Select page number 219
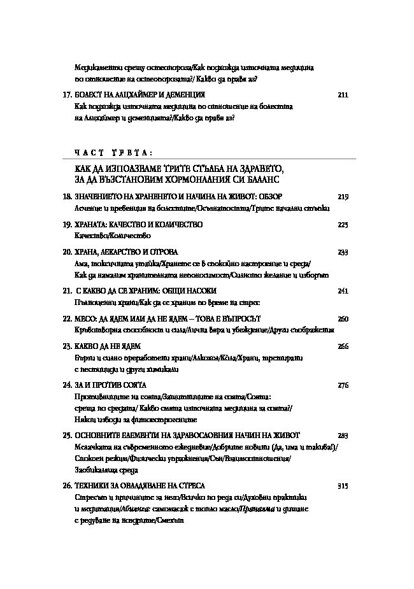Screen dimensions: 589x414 [343, 196]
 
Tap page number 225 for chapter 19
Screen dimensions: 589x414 [343, 225]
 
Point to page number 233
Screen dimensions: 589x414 [343, 252]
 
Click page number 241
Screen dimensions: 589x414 [343, 290]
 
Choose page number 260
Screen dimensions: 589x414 [343, 318]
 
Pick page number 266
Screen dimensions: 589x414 [343, 346]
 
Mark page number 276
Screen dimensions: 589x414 [343, 385]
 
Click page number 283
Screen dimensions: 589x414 [343, 435]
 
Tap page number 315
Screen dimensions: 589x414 [343, 486]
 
